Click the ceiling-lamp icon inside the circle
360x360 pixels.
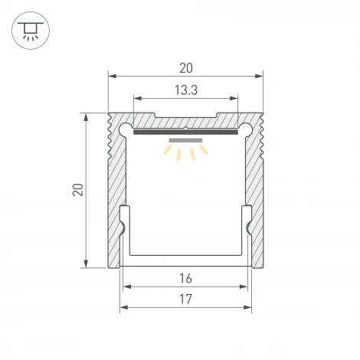(31, 31)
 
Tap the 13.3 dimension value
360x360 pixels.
(185, 90)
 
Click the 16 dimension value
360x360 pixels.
(186, 278)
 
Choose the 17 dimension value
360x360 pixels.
(186, 299)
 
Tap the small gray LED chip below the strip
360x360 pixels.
(185, 141)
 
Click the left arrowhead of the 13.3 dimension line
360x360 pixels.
(137, 98)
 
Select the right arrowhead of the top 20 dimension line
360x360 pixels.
(260, 75)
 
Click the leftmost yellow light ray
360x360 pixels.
(165, 151)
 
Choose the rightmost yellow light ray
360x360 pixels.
(205, 151)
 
